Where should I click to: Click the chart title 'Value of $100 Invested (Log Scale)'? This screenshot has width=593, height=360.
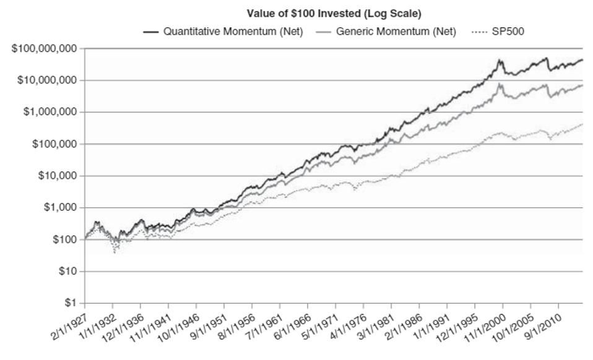click(x=334, y=13)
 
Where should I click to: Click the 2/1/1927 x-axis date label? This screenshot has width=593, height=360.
click(x=67, y=328)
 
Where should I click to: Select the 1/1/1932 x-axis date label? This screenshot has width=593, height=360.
click(x=95, y=328)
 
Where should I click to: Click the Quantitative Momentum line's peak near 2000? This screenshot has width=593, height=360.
click(x=500, y=59)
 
